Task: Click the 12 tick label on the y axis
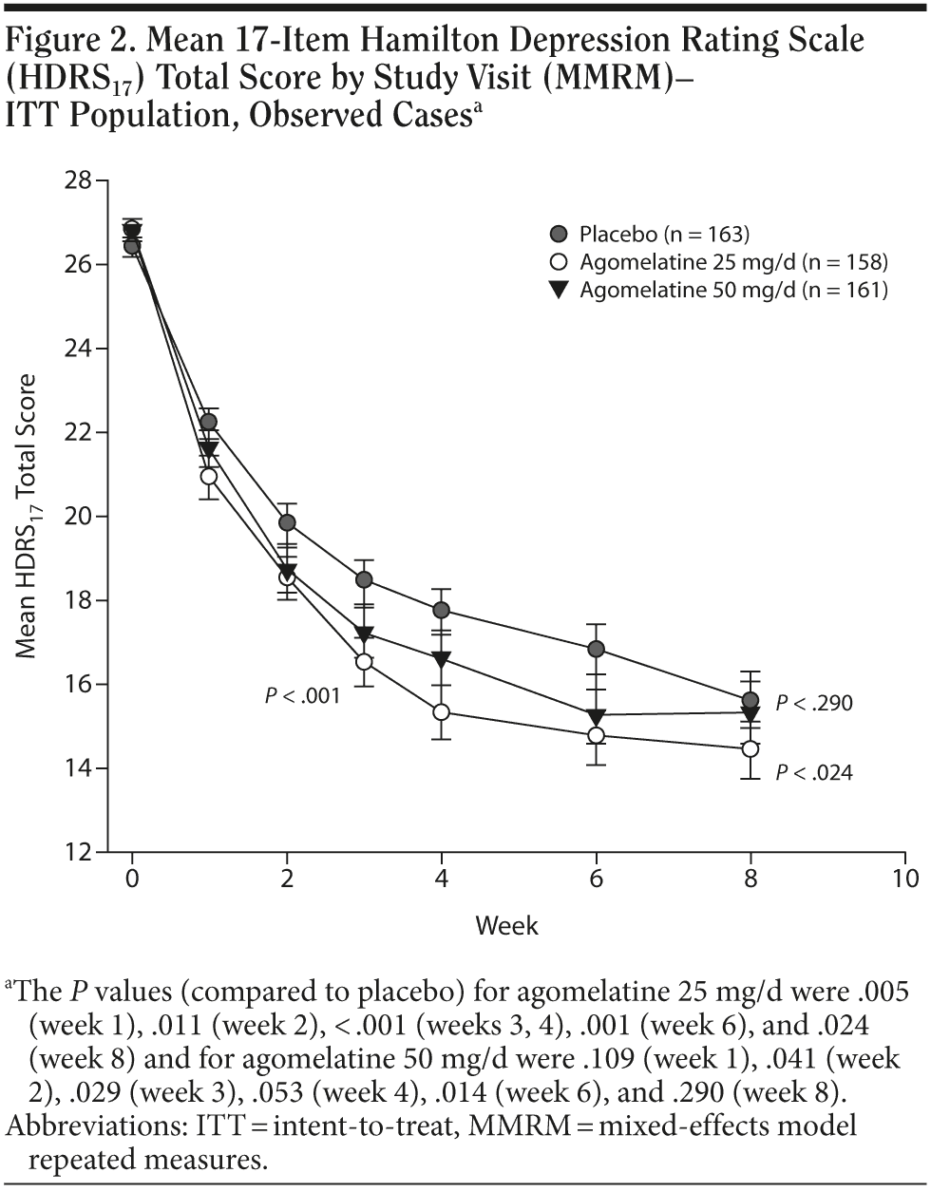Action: click(x=79, y=852)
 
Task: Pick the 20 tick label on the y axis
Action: click(x=79, y=517)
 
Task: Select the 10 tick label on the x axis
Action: click(x=906, y=879)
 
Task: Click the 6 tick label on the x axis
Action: click(x=597, y=879)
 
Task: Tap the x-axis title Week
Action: click(x=506, y=924)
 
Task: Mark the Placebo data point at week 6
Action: click(x=597, y=649)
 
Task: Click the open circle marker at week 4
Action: click(x=441, y=711)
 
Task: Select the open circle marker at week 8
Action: click(x=750, y=748)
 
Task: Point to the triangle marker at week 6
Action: click(x=597, y=715)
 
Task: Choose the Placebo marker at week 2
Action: click(x=287, y=522)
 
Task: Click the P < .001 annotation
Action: click(x=302, y=696)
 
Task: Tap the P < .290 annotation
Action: click(x=814, y=704)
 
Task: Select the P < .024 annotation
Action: click(x=814, y=773)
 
